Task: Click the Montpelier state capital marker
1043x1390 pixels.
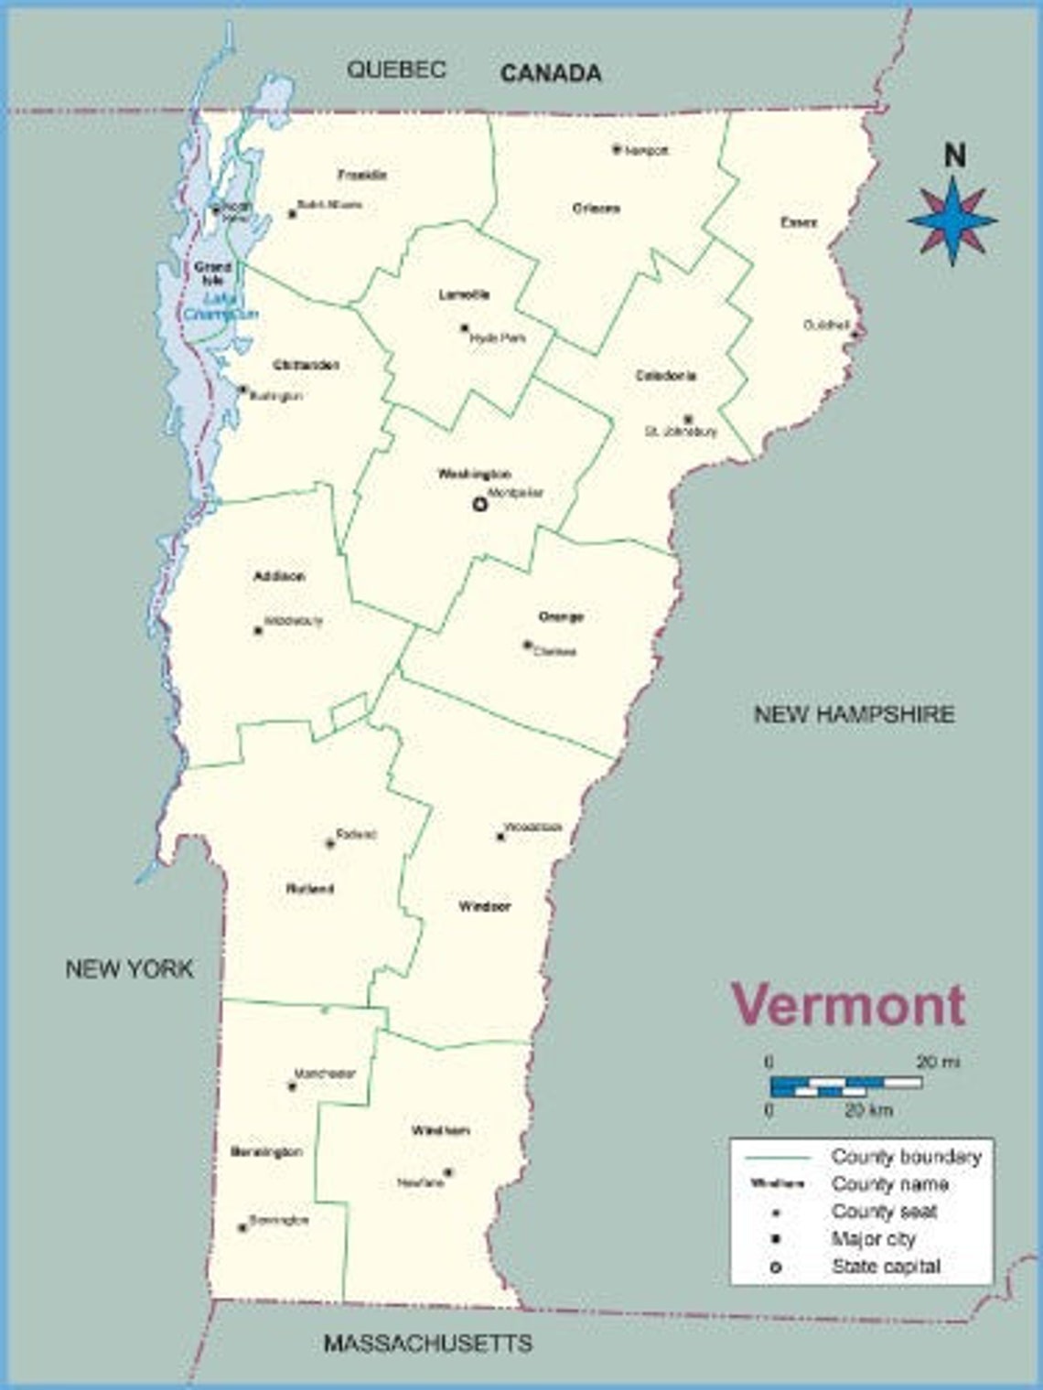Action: [479, 503]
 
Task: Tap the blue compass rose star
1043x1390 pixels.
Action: [952, 220]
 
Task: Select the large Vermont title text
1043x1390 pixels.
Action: [847, 1004]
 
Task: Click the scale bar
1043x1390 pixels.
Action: [846, 1085]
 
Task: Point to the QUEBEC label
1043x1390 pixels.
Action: [396, 69]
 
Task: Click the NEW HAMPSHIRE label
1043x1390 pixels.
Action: [854, 714]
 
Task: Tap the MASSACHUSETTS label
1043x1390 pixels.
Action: [427, 1342]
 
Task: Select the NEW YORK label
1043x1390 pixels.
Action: [129, 968]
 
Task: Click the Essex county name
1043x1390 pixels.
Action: [798, 222]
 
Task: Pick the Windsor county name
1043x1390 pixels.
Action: [484, 906]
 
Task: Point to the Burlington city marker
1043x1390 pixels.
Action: [242, 390]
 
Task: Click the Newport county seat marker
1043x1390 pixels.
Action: [617, 148]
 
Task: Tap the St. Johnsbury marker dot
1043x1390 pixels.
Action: [688, 419]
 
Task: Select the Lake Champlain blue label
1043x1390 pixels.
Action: [220, 306]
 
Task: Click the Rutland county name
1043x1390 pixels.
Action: [309, 888]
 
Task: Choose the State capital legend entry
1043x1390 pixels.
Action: [886, 1267]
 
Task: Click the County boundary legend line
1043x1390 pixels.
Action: [778, 1158]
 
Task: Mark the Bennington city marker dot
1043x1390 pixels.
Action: [242, 1227]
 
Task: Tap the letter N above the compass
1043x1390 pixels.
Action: [954, 156]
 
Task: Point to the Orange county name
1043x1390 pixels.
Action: [561, 617]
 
